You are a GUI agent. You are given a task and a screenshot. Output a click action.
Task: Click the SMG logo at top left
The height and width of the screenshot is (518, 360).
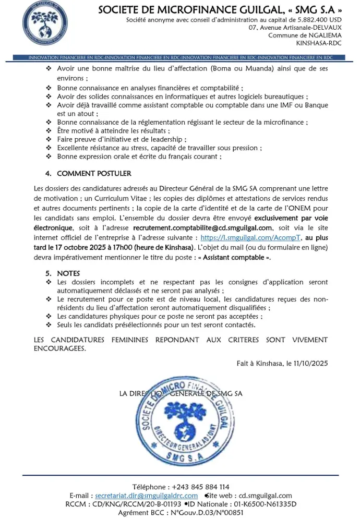pos(45,23)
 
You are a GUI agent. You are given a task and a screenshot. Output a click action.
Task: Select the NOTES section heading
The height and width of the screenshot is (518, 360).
pos(68,273)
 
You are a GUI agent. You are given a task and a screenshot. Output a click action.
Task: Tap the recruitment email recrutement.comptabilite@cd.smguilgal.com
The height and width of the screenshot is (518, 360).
pos(203,228)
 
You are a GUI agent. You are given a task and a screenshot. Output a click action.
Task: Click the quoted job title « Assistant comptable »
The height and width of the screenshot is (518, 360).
pos(244,257)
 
